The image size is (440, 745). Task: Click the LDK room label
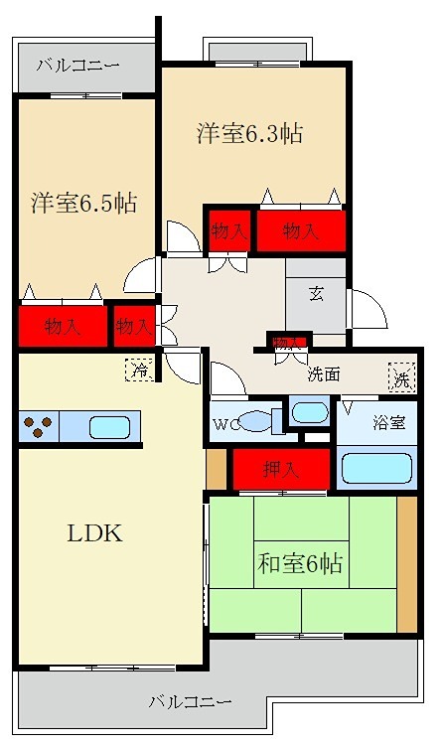click(94, 533)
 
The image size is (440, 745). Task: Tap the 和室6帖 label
click(301, 564)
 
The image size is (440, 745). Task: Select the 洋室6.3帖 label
click(249, 133)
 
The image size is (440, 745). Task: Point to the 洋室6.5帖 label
click(82, 204)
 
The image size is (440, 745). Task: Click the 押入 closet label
click(279, 469)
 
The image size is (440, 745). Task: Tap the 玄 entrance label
click(316, 294)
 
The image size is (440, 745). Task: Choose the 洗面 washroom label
click(323, 374)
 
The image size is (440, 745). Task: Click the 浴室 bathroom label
click(388, 423)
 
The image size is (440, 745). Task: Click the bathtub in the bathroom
click(376, 468)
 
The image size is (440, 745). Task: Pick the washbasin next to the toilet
click(311, 411)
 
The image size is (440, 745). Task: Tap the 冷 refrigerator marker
click(139, 372)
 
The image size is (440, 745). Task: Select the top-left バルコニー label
click(77, 67)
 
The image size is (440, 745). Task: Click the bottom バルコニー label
click(191, 701)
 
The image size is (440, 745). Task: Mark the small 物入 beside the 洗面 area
click(288, 343)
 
